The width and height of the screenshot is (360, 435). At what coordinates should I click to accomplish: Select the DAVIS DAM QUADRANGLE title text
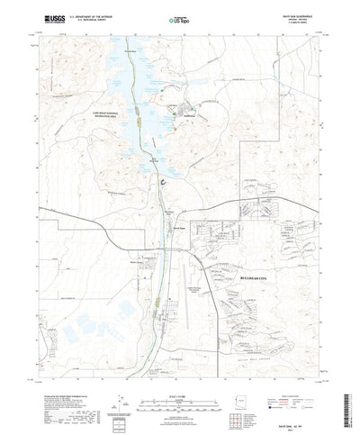pyautogui.click(x=305, y=14)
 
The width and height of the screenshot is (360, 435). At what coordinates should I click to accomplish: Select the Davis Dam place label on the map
pyautogui.click(x=154, y=226)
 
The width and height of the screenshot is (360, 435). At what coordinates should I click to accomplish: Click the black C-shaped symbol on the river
pyautogui.click(x=161, y=180)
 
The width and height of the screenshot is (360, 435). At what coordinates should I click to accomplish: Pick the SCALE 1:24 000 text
pyautogui.click(x=179, y=375)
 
